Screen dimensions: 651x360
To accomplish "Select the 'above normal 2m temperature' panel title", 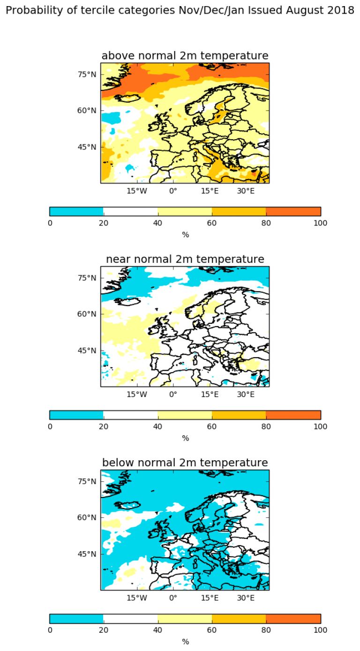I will coord(185,56).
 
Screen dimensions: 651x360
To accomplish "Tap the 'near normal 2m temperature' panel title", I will coord(185,259).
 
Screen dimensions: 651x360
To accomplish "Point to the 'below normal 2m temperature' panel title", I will coord(185,463).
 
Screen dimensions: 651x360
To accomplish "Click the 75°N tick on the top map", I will coord(87,74).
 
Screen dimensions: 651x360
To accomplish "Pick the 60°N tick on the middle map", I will coord(87,314).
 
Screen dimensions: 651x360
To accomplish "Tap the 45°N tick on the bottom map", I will coord(87,554).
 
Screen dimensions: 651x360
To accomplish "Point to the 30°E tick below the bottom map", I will coord(246,598).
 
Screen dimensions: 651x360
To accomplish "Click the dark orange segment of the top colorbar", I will coord(293,211).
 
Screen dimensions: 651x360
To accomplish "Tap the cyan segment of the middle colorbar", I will coord(76,415).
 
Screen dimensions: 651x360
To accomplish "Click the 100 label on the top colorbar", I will coord(321,223).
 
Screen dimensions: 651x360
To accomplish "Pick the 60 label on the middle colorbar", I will coord(212,426).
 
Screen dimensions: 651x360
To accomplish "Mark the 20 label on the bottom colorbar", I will coord(104,630).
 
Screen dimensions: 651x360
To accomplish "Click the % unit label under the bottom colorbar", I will coord(185,642).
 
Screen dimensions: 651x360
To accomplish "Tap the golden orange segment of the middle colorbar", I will coord(239,415).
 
